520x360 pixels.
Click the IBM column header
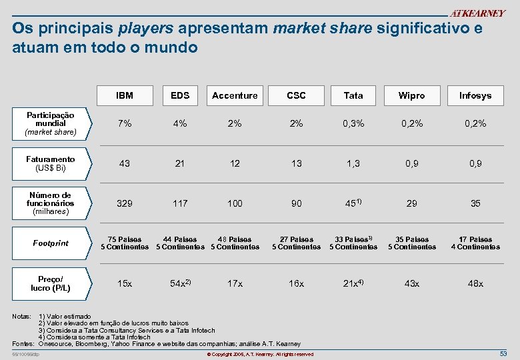pos(124,95)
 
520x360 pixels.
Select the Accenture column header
pos(235,95)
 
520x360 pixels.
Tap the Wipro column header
pos(411,95)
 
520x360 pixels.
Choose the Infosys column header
pos(475,95)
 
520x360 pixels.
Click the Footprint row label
pos(51,243)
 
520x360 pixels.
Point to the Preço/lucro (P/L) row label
pos(51,283)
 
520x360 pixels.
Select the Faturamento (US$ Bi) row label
pos(51,163)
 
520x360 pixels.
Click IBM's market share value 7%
pos(124,123)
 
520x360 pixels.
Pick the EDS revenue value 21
pos(179,163)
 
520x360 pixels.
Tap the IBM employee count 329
pos(124,203)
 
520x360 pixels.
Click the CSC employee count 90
pos(296,203)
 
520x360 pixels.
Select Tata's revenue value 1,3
pos(353,163)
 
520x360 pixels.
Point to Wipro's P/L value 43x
pos(411,283)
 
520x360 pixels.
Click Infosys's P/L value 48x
pos(475,283)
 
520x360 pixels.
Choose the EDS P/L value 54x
pos(179,283)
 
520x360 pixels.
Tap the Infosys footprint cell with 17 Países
pos(475,243)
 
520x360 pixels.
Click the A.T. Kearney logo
pos(477,13)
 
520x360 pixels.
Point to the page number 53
pos(503,353)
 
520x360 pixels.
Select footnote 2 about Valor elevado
pos(113,323)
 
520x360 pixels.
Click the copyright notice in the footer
pos(260,354)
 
